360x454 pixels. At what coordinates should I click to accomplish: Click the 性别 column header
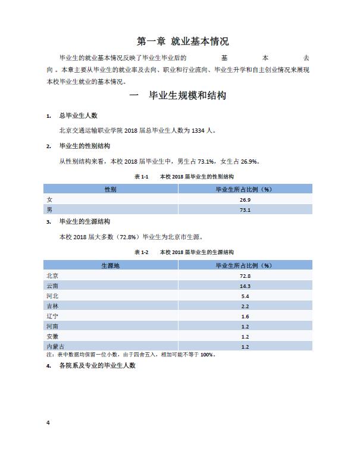pos(110,189)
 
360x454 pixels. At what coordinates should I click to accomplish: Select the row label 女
pos(49,199)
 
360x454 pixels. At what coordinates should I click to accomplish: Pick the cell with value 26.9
pos(245,199)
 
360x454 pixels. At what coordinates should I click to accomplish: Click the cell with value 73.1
pos(245,209)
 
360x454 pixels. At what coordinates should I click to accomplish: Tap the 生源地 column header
pos(110,265)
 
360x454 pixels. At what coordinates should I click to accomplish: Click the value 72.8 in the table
pos(245,275)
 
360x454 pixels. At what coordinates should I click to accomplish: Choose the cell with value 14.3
pos(245,286)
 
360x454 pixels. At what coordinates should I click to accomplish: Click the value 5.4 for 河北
pos(245,296)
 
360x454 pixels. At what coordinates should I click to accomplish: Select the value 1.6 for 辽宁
pos(245,316)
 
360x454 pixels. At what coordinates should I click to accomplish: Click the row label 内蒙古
pos(55,346)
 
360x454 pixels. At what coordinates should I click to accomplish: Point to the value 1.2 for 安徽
pos(245,336)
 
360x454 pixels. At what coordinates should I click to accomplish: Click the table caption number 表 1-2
pos(142,252)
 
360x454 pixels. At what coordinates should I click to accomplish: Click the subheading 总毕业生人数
pos(80,115)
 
